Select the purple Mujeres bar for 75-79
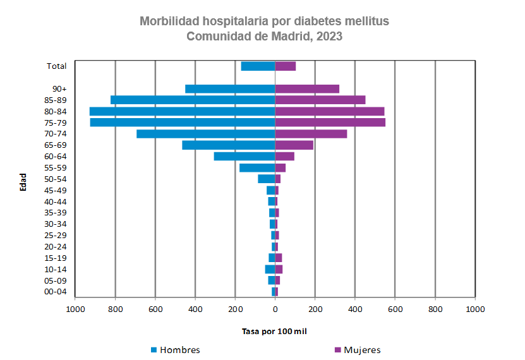point(330,123)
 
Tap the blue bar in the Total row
point(258,66)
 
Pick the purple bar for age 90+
point(307,89)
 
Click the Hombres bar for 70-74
point(205,134)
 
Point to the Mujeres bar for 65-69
point(294,145)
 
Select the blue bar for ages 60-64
point(244,157)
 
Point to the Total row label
point(57,66)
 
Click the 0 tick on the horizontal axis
point(275,309)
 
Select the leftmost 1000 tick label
point(75,309)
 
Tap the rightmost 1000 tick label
point(474,309)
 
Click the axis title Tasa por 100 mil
point(275,331)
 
